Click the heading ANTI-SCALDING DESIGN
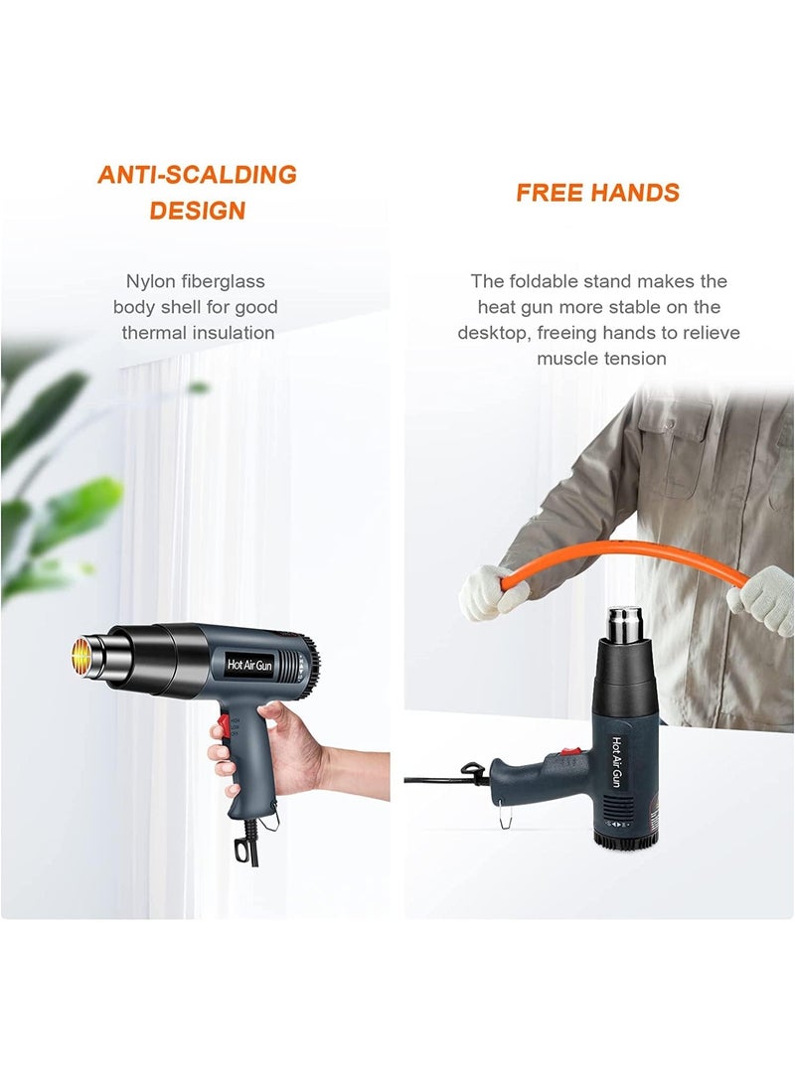197,192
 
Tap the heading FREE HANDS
597,193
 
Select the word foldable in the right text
583,281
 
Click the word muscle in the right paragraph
569,358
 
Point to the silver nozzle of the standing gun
625,625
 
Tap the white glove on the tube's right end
763,599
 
